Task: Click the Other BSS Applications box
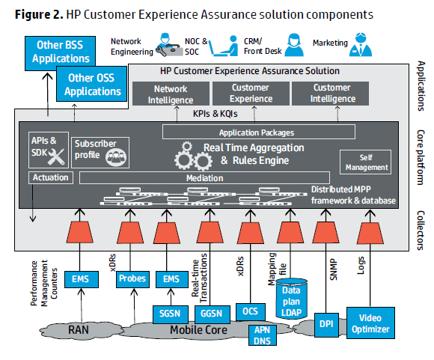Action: [x=60, y=52]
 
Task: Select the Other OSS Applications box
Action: [x=91, y=84]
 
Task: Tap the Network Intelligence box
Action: [x=171, y=94]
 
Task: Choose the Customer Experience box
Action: [x=251, y=94]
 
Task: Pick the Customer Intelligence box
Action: [x=331, y=94]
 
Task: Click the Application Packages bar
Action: [x=259, y=132]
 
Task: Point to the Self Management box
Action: [x=365, y=162]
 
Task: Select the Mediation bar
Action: [x=204, y=178]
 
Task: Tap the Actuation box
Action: [x=51, y=177]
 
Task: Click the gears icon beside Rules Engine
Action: [x=193, y=156]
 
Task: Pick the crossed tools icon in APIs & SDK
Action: [x=56, y=156]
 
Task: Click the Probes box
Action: [x=132, y=279]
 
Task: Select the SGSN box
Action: [x=170, y=314]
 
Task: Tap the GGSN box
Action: [x=212, y=314]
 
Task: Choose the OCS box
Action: [x=251, y=312]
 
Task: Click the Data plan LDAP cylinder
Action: [x=292, y=299]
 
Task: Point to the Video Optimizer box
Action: [x=370, y=323]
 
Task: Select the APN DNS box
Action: [x=262, y=335]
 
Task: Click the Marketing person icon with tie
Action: [x=361, y=45]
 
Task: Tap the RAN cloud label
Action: [x=79, y=330]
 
